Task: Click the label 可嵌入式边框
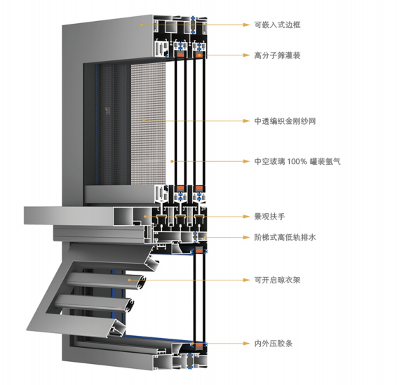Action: coord(277,25)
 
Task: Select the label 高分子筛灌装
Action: coord(277,55)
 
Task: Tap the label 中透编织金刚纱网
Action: coord(285,121)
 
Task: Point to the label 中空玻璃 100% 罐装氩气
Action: coord(297,161)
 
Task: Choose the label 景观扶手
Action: coord(269,217)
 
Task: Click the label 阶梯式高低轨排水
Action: coord(285,237)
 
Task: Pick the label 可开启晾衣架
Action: coord(277,280)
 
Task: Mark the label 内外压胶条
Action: coord(274,344)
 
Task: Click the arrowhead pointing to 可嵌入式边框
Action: coord(247,25)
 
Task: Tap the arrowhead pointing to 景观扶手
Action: coord(247,217)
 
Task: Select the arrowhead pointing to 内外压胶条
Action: coord(247,344)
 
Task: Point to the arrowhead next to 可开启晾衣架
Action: coord(247,280)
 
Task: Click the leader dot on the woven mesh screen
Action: coord(144,121)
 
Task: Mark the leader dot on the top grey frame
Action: coord(142,25)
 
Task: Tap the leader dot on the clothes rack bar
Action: coord(129,280)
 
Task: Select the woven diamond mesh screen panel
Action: coord(148,123)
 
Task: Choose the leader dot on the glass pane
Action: coord(172,161)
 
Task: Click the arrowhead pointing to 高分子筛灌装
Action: coord(247,55)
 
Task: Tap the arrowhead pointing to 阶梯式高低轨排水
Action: coord(247,237)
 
